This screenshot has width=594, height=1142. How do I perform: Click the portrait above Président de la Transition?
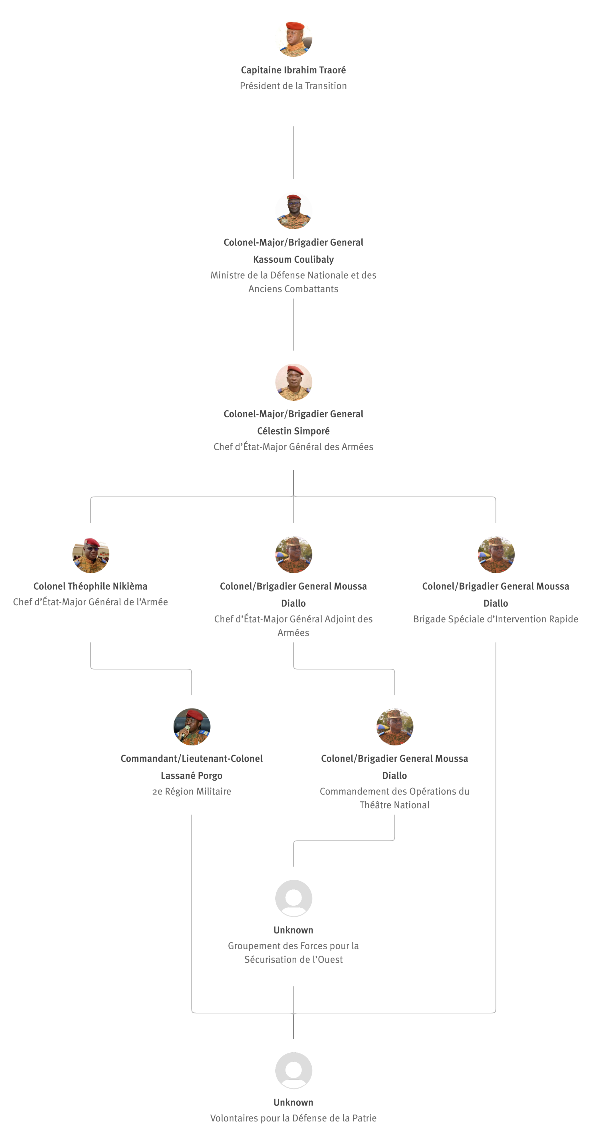[x=293, y=39]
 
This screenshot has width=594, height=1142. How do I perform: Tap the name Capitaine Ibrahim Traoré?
[x=293, y=70]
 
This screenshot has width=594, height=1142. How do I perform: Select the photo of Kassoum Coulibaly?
[x=293, y=211]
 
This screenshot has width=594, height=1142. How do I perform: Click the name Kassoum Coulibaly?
[x=293, y=259]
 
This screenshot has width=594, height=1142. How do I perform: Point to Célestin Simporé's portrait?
[x=293, y=382]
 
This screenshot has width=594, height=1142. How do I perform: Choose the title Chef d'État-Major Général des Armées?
[x=293, y=447]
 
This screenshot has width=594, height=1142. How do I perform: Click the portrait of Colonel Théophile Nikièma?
[x=90, y=554]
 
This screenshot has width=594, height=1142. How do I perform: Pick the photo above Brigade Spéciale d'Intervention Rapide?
[x=496, y=554]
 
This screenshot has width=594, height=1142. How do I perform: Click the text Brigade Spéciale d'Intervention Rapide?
[x=496, y=619]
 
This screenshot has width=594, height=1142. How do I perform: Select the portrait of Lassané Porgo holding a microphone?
[x=192, y=727]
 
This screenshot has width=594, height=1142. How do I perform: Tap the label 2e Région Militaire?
[x=192, y=791]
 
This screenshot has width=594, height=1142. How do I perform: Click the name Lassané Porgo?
[x=192, y=776]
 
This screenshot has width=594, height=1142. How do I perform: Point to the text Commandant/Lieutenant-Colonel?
[x=192, y=759]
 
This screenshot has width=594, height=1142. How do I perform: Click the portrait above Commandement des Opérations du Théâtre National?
[x=394, y=727]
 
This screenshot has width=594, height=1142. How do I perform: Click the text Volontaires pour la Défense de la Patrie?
[x=293, y=1118]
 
